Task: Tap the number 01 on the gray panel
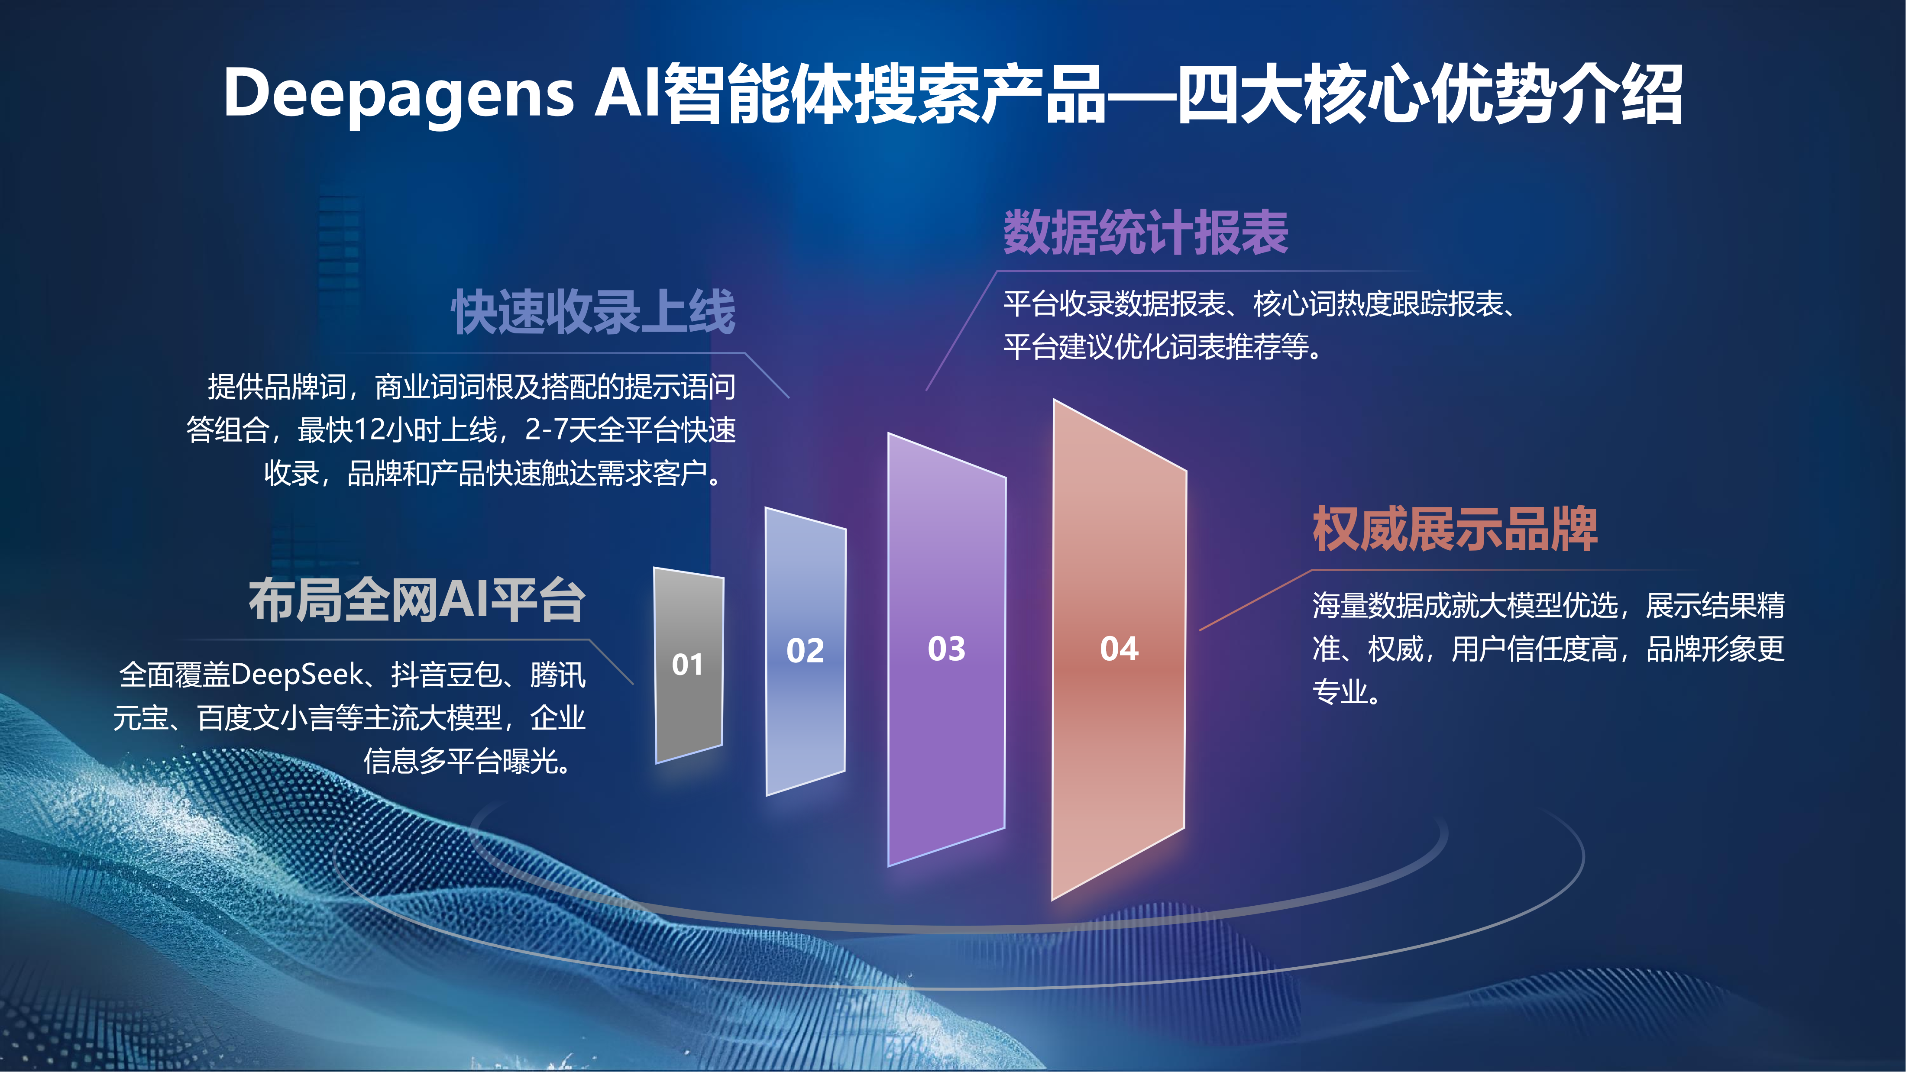click(x=687, y=664)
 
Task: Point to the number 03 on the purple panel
click(x=946, y=649)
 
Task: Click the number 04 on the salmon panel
click(x=1119, y=649)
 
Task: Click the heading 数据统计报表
click(x=1146, y=233)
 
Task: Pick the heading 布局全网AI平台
click(x=417, y=600)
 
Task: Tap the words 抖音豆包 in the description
click(x=446, y=675)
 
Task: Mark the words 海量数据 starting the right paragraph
click(x=1367, y=606)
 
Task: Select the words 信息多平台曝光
click(x=460, y=761)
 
